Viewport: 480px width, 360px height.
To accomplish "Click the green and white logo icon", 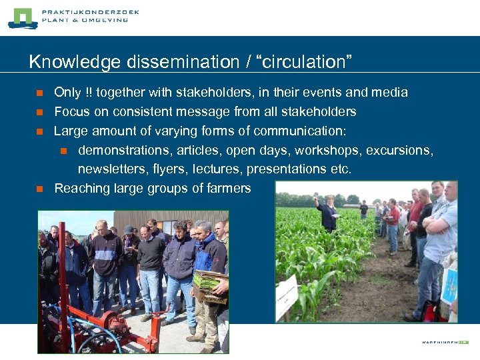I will [23, 18].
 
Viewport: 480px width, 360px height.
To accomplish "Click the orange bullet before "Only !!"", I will [40, 93].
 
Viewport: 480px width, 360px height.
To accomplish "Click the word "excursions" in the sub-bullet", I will [401, 150].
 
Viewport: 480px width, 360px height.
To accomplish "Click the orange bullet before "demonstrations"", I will [64, 151].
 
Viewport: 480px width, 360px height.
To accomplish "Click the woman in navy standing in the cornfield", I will [327, 213].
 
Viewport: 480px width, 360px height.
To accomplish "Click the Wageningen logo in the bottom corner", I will [445, 342].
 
